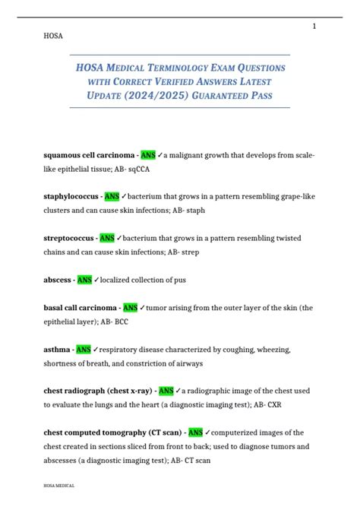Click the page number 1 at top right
click(314, 27)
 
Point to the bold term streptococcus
click(69, 237)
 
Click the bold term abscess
click(58, 279)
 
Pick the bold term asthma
click(58, 349)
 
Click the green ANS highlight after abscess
click(84, 279)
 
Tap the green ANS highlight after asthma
click(83, 349)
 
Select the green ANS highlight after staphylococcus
click(112, 196)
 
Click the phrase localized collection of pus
click(143, 279)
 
